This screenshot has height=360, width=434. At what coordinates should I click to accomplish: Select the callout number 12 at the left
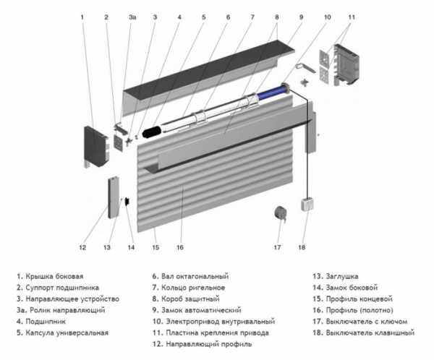pyautogui.click(x=82, y=248)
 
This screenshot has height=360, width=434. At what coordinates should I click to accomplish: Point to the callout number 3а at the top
pyautogui.click(x=132, y=16)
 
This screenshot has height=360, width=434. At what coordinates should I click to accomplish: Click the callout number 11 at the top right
pyautogui.click(x=352, y=16)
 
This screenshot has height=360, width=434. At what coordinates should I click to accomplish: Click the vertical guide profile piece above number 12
pyautogui.click(x=114, y=197)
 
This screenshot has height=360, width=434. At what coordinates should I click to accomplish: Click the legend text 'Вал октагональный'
pyautogui.click(x=195, y=276)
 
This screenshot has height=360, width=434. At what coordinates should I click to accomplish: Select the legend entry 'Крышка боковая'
pyautogui.click(x=54, y=276)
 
